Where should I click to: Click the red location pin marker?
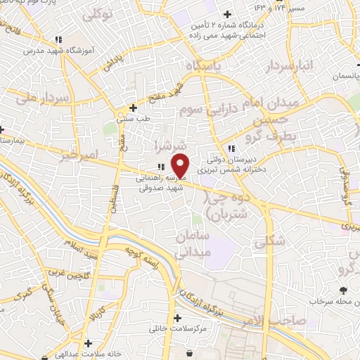coord(181,165)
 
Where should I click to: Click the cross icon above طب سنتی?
coord(134,108)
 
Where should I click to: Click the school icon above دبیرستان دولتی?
coord(232,147)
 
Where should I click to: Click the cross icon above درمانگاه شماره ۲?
coord(228,14)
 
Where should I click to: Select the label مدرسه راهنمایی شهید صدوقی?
coord(160,184)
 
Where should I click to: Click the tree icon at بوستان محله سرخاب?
coord(343,290)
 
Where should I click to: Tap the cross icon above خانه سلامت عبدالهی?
coord(87,343)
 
